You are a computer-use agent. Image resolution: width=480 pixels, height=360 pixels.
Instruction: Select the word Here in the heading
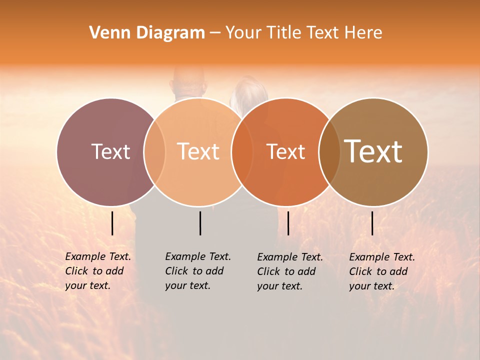(363, 33)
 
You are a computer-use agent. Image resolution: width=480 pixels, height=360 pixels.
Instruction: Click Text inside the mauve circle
(110, 151)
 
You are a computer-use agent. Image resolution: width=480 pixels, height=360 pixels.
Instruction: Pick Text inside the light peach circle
(198, 151)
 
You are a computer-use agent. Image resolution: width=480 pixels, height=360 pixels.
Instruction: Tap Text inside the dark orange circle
(285, 151)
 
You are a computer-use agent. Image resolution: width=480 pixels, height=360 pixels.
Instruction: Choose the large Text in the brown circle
(373, 151)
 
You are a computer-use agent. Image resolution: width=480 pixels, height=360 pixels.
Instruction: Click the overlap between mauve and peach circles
(154, 151)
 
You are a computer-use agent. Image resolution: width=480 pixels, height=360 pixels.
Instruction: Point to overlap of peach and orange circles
(242, 151)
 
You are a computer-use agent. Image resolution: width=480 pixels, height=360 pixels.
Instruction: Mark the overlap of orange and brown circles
(329, 151)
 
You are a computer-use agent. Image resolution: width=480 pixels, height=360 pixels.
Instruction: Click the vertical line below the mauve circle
(112, 223)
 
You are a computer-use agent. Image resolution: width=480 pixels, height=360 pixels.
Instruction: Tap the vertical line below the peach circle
(200, 223)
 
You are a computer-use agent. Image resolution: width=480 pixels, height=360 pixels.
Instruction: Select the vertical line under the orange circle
(288, 223)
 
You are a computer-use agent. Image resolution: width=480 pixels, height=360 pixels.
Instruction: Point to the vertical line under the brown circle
(372, 223)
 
